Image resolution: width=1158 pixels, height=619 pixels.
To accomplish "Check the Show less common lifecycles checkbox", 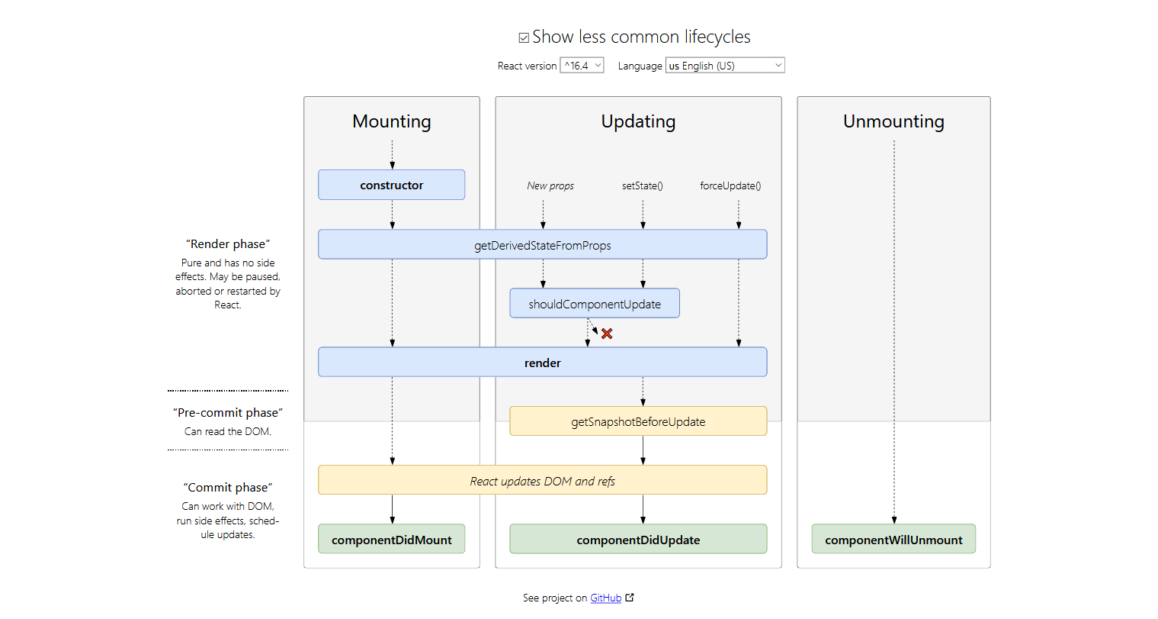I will [x=524, y=37].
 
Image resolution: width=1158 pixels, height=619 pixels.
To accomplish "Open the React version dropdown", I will [x=582, y=66].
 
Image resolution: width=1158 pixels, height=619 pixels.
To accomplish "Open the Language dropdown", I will [x=724, y=66].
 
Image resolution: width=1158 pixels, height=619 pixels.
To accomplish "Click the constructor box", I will [x=391, y=185].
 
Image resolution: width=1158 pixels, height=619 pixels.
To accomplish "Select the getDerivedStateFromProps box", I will [x=542, y=245].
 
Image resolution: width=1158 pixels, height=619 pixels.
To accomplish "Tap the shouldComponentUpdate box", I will [x=595, y=304].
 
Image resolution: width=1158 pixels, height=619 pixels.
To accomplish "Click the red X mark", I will [x=607, y=334].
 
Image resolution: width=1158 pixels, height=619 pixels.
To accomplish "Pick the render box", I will [x=542, y=363].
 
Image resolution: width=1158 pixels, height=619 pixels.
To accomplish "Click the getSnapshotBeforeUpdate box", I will [x=638, y=421].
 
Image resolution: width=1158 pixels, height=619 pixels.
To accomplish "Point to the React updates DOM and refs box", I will [x=542, y=481].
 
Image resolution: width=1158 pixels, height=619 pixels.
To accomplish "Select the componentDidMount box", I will [x=391, y=540].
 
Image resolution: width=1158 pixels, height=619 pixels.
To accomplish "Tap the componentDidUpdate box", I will [x=638, y=540].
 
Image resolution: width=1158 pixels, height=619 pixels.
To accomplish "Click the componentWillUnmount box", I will [x=893, y=540].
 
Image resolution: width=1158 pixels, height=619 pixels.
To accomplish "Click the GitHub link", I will [x=606, y=598].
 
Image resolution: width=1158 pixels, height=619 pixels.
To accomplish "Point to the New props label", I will [x=550, y=185].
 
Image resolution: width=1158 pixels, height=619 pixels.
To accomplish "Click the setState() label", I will [x=643, y=185].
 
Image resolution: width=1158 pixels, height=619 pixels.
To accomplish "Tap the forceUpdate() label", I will [x=730, y=185].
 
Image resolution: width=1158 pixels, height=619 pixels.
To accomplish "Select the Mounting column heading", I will [x=392, y=121].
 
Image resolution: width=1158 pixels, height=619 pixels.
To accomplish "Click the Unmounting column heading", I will [x=893, y=121].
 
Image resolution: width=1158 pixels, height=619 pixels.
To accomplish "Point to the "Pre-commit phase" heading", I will [x=228, y=413].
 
